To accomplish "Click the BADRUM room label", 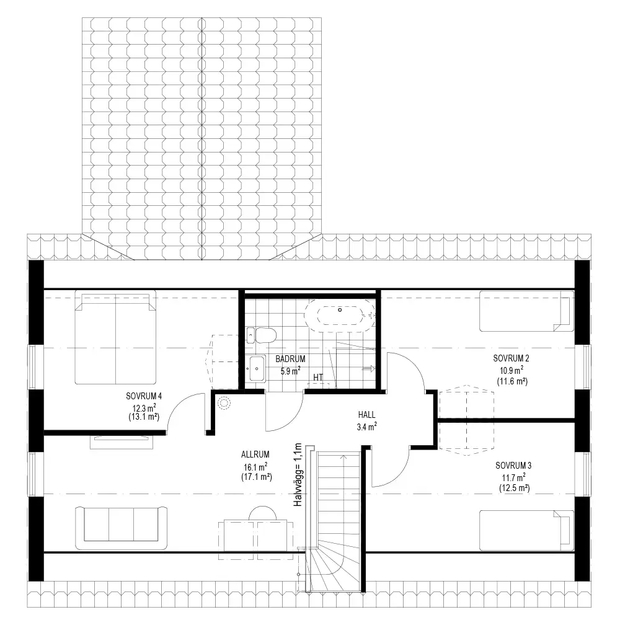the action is coord(290,359).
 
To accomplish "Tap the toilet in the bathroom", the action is coord(260,335).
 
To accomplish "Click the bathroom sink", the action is coord(257,368).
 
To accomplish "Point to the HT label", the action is coord(318,377).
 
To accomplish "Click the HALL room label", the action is coord(366,415).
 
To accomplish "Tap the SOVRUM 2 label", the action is coord(511,358).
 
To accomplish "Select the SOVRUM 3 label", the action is coord(513,466).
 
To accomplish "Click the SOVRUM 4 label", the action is coord(144,396).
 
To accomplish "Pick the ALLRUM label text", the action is coord(255,454).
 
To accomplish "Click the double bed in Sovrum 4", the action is coord(115,337).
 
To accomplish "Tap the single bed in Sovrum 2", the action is coord(526,311).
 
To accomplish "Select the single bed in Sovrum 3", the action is coord(526,530).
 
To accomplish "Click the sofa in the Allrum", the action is coord(121,528).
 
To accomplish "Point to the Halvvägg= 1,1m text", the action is coord(298,475).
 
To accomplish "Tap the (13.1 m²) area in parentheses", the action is coord(144,417).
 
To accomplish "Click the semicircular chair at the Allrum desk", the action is coord(262,513).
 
